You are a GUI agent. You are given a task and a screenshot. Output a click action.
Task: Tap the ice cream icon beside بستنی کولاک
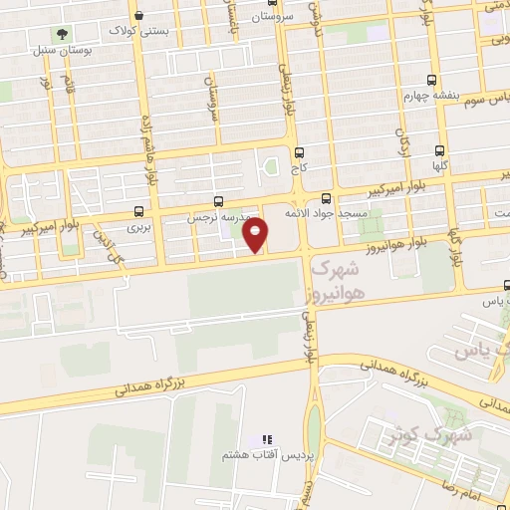(x=136, y=16)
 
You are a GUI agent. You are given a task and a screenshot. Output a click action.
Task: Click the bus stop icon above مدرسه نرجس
(x=218, y=201)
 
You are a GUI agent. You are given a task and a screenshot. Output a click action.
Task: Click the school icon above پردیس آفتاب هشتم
(x=265, y=438)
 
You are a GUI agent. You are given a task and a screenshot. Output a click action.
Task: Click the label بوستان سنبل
(x=57, y=48)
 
